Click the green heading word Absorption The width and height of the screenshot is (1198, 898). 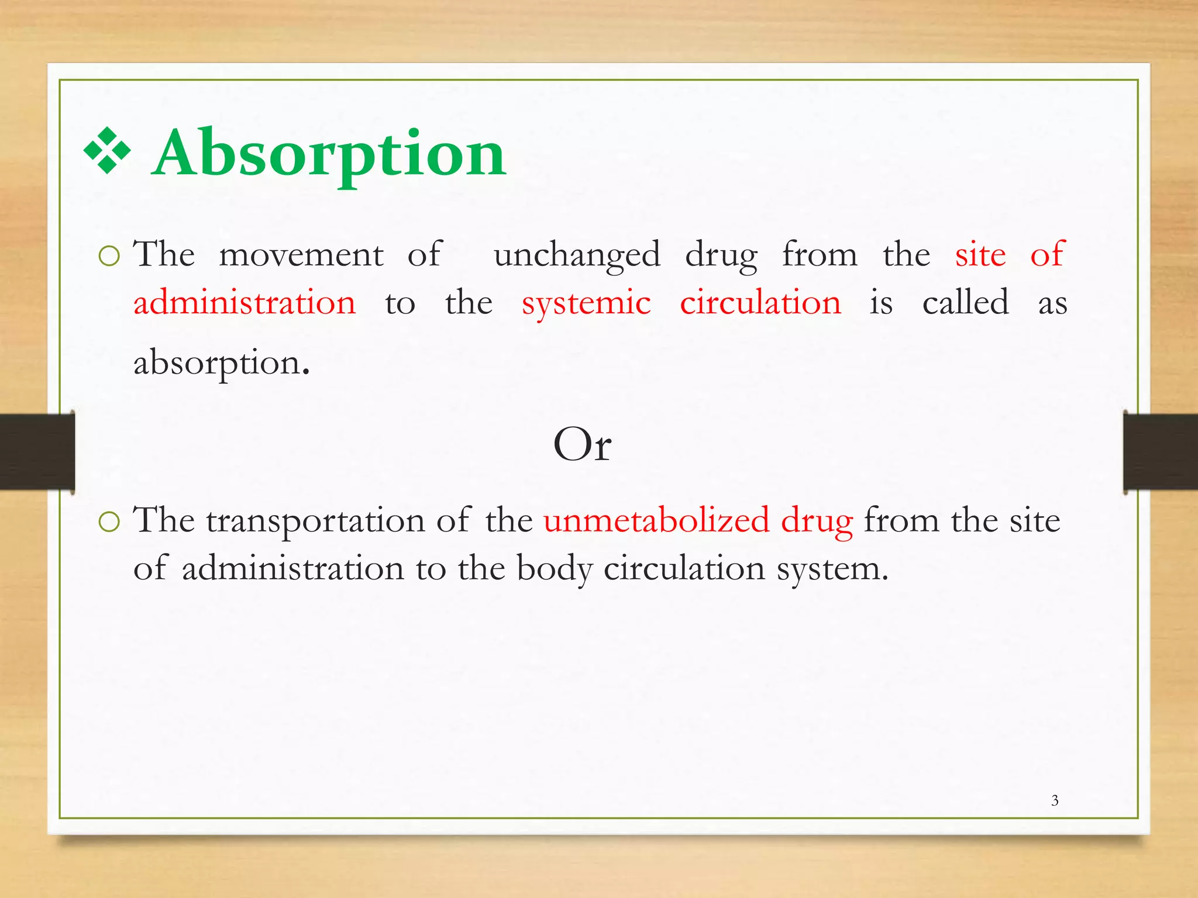[329, 153]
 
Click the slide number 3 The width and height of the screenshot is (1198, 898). [1054, 800]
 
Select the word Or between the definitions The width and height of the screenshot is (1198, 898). [582, 445]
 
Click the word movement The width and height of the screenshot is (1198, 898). [301, 255]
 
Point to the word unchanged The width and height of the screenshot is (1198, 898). [577, 255]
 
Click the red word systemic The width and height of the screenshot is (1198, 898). [586, 303]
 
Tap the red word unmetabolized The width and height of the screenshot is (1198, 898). [656, 520]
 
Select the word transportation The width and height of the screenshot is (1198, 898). [315, 521]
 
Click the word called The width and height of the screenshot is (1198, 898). [965, 303]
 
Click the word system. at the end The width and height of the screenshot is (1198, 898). [832, 569]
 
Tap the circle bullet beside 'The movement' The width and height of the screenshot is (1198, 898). [109, 256]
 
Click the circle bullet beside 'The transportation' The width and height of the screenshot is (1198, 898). [109, 521]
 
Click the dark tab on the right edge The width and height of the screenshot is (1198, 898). [1161, 451]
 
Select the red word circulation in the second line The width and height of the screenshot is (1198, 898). [760, 303]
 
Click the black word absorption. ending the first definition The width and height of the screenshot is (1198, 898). [221, 363]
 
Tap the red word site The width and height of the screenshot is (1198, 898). [980, 255]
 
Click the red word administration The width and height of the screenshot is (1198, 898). [245, 303]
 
